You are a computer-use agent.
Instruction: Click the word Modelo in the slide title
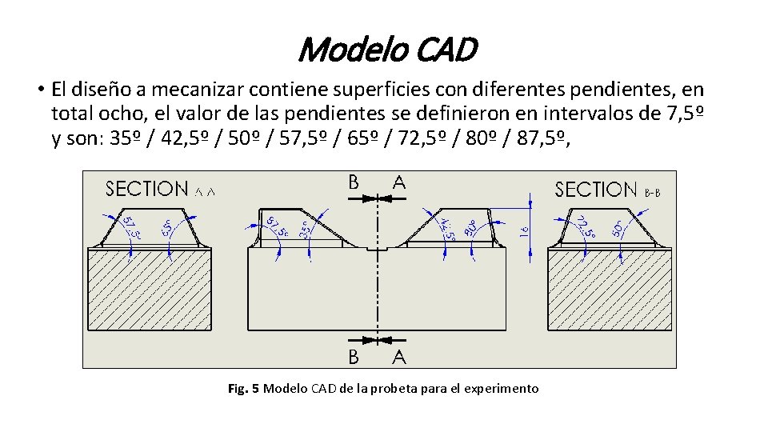pyautogui.click(x=346, y=50)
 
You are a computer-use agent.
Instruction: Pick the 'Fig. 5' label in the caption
pyautogui.click(x=243, y=389)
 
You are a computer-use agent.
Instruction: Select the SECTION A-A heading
pyautogui.click(x=161, y=190)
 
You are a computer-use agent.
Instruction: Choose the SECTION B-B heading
pyautogui.click(x=608, y=190)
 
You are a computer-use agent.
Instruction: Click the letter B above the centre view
pyautogui.click(x=353, y=182)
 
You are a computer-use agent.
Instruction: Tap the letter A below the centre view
pyautogui.click(x=398, y=357)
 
